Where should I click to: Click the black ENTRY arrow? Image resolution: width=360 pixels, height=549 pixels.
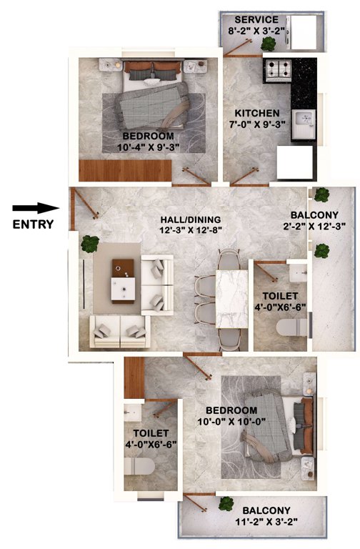click(x=35, y=208)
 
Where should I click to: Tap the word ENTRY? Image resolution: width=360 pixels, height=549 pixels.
click(x=33, y=224)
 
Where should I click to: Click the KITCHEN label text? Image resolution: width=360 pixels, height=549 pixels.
click(x=257, y=114)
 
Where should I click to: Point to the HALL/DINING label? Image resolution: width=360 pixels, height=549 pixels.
click(x=191, y=219)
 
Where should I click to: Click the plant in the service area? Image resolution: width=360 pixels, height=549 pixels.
click(x=269, y=44)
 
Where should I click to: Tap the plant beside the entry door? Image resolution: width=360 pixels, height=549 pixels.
click(x=90, y=244)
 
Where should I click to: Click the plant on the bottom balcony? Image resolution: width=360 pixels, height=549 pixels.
click(x=227, y=504)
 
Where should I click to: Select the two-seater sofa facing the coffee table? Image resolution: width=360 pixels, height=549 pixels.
click(x=119, y=332)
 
